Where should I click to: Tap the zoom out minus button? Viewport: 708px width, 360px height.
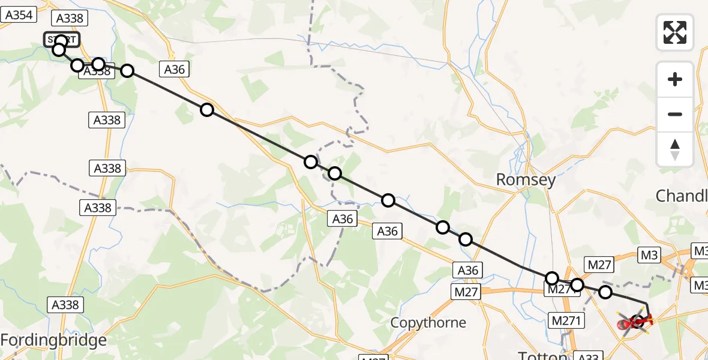(675, 114)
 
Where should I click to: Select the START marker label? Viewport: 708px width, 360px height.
(61, 40)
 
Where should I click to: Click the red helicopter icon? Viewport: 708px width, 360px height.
(634, 323)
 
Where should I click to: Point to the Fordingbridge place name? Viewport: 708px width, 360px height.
(53, 341)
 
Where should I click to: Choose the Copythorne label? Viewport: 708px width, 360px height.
(428, 323)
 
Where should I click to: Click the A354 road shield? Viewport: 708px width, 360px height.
(18, 15)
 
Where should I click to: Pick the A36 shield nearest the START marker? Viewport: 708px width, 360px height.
(175, 70)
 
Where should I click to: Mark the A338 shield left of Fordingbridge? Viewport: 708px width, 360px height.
(65, 305)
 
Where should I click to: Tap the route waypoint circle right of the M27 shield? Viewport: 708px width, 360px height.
(605, 292)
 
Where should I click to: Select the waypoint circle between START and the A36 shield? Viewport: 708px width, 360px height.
(127, 71)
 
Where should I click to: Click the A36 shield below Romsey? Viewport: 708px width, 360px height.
(467, 271)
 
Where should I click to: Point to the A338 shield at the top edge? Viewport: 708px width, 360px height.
(69, 18)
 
